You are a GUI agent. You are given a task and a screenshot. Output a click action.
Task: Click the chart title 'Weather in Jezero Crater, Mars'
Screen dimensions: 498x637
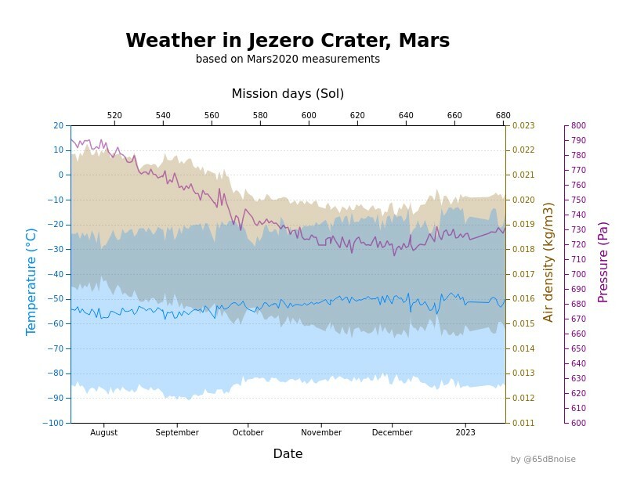(x=288, y=41)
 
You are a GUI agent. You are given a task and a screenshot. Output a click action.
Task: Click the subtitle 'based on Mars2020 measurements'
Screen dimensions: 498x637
(x=288, y=60)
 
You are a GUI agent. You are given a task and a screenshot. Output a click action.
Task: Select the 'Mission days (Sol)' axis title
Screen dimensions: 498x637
(x=288, y=94)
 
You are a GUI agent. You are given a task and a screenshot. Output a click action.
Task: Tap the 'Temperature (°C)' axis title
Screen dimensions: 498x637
(x=31, y=282)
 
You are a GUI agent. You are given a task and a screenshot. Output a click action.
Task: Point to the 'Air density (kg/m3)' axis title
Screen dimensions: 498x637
(x=548, y=262)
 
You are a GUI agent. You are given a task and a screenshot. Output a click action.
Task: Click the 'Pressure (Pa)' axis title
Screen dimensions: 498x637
(x=603, y=262)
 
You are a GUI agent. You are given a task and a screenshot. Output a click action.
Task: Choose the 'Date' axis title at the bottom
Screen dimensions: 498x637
(x=288, y=454)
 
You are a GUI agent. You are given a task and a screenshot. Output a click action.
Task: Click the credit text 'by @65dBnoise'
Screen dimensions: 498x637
(x=543, y=460)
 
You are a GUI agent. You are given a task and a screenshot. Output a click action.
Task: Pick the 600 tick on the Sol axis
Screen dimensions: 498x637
(x=309, y=116)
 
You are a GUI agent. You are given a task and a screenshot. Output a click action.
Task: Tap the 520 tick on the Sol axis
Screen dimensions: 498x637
(x=114, y=116)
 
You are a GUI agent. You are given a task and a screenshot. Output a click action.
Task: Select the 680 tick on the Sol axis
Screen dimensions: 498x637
(x=503, y=116)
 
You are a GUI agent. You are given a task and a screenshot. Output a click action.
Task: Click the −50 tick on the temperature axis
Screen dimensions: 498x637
(x=57, y=299)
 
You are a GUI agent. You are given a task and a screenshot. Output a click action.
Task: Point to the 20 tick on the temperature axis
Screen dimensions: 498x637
(x=59, y=125)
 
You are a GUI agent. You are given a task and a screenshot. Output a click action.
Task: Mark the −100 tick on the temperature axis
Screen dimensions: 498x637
(x=55, y=423)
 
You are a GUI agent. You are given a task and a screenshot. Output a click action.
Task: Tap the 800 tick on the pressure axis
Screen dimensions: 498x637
(x=578, y=125)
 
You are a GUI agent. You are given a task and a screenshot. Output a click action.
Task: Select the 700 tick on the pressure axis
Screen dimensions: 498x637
(x=578, y=274)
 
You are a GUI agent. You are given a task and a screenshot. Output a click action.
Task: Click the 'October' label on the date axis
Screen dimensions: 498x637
(x=248, y=432)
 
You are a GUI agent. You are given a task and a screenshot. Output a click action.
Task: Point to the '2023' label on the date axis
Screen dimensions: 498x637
(x=465, y=432)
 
